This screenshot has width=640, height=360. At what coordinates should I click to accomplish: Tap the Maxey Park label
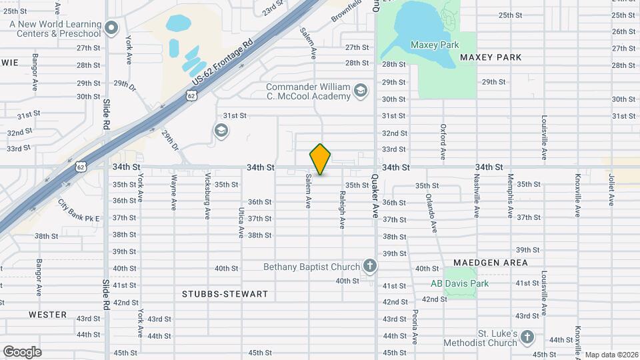(x=435, y=45)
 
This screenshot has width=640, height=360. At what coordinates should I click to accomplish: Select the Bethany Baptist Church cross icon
(x=369, y=267)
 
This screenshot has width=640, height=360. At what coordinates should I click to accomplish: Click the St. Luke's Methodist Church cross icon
(x=527, y=337)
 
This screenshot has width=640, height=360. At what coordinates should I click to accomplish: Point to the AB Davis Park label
(x=459, y=283)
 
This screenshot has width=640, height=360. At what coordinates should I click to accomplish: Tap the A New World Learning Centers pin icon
(x=111, y=28)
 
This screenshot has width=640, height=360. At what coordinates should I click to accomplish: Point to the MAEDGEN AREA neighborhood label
(x=491, y=263)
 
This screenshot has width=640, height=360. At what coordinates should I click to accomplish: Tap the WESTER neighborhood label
(x=47, y=314)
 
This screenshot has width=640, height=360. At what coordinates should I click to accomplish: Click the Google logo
(x=22, y=351)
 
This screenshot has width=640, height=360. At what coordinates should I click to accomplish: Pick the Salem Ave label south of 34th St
(x=309, y=191)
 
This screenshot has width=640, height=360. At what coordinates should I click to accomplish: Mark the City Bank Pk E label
(x=78, y=211)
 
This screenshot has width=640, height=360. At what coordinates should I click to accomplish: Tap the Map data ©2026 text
(x=611, y=355)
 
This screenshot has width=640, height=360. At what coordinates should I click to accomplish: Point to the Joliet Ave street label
(x=610, y=190)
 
